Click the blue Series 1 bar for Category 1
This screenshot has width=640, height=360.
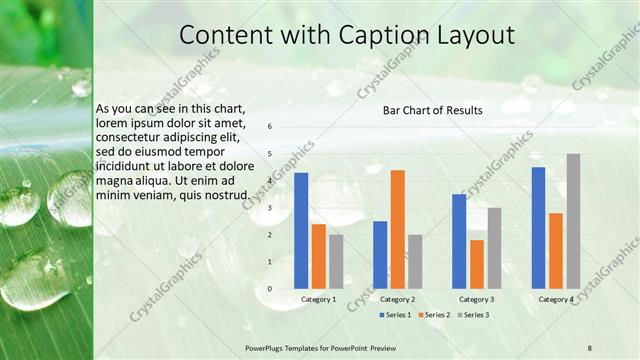pyautogui.click(x=301, y=231)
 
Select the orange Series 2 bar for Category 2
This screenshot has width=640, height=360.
pyautogui.click(x=398, y=229)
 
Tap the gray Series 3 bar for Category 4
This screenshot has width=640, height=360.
pyautogui.click(x=573, y=221)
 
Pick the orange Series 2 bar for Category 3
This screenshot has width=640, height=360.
pyautogui.click(x=477, y=264)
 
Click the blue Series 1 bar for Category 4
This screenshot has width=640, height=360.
pyautogui.click(x=539, y=228)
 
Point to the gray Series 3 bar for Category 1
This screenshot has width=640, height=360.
pyautogui.click(x=336, y=262)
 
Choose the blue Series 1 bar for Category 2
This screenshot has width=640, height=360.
pyautogui.click(x=380, y=255)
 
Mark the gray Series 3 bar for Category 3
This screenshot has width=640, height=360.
pyautogui.click(x=494, y=248)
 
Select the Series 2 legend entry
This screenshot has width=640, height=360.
pyautogui.click(x=435, y=314)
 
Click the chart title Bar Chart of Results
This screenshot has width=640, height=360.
pyautogui.click(x=433, y=110)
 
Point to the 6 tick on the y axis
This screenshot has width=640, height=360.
pyautogui.click(x=269, y=127)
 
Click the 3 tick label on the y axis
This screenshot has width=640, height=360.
pyautogui.click(x=269, y=208)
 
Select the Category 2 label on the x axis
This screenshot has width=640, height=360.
pyautogui.click(x=398, y=299)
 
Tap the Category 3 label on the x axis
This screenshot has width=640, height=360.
pyautogui.click(x=477, y=299)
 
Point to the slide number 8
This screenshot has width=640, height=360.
pyautogui.click(x=589, y=348)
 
